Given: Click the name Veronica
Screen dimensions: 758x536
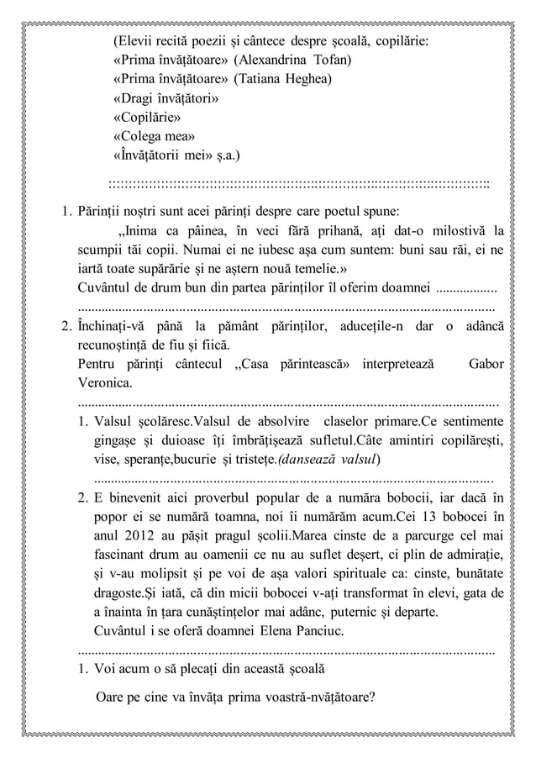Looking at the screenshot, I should coord(104,383).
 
